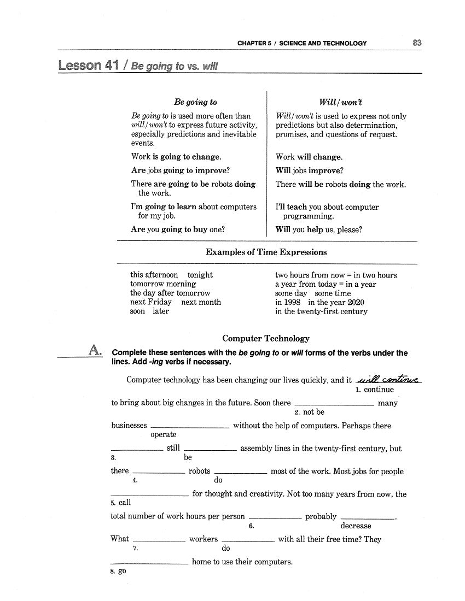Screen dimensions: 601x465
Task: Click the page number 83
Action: tap(417, 43)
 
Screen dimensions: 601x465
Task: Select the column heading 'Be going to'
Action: tap(195, 102)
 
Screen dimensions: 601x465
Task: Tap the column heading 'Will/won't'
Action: tap(340, 102)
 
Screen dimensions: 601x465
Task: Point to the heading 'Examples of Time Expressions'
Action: tap(266, 252)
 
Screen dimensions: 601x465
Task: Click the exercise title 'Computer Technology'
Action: tap(266, 339)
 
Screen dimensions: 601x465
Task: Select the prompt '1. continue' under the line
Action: tap(374, 390)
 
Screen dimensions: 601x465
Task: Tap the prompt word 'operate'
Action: tap(164, 434)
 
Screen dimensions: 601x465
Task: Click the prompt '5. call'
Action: tap(121, 502)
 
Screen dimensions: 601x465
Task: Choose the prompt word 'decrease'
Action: tap(356, 526)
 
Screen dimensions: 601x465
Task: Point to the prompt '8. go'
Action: tap(118, 571)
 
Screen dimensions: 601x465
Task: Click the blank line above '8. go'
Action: tap(149, 562)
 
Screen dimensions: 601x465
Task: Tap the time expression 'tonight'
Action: tap(200, 275)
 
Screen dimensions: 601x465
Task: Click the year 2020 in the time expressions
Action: tap(356, 302)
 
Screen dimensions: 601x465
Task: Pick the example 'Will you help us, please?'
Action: tap(319, 229)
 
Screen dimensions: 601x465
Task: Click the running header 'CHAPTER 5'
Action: tap(254, 43)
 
